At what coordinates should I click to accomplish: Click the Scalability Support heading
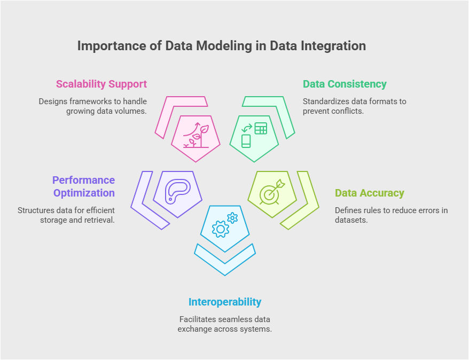(101, 84)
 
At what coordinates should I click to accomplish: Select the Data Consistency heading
(345, 84)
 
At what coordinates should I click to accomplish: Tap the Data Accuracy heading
(370, 193)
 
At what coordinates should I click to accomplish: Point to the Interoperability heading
(225, 302)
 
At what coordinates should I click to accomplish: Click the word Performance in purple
(83, 180)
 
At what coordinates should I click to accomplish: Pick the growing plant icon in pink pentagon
(196, 135)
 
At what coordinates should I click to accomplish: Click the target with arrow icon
(272, 192)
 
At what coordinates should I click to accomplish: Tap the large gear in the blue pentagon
(221, 229)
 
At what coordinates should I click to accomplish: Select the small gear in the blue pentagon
(232, 218)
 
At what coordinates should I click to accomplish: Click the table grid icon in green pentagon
(261, 129)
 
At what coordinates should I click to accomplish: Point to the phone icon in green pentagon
(246, 141)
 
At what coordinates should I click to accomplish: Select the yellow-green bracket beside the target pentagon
(306, 209)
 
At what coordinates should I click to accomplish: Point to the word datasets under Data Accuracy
(351, 220)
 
